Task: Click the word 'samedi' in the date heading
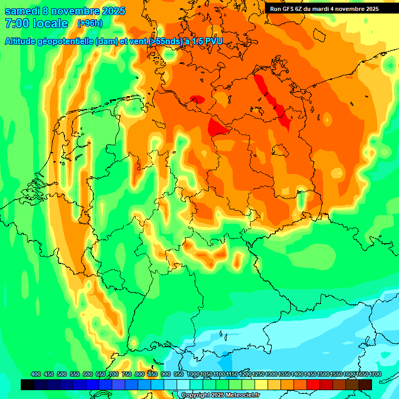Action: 23,11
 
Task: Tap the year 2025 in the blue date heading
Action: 110,11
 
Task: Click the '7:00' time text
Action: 16,23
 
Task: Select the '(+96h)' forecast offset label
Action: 90,23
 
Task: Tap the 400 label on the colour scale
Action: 36,374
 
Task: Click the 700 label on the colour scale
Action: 114,374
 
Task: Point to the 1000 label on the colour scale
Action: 193,374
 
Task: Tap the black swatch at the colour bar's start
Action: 28,384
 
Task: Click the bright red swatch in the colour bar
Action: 313,384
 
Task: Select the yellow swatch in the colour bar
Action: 261,384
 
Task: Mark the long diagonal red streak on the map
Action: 272,101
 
